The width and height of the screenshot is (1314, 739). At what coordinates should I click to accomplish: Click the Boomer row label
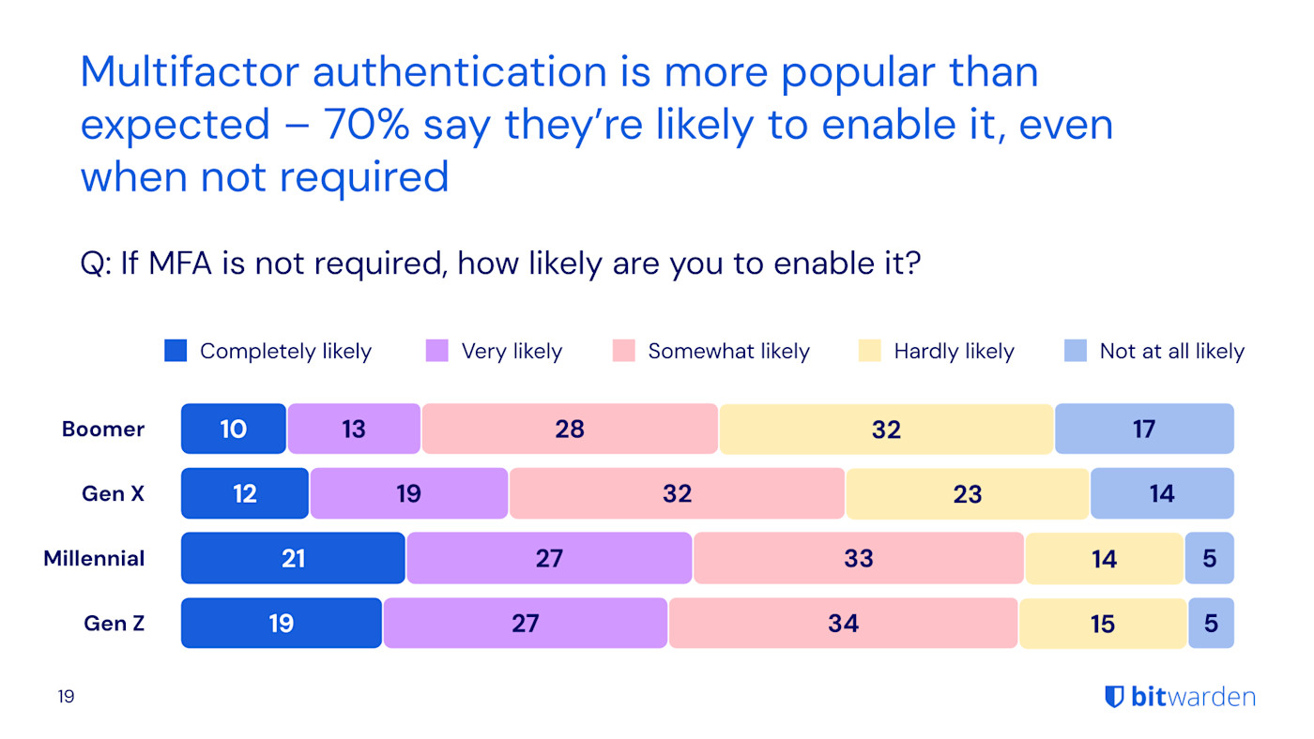[x=103, y=430]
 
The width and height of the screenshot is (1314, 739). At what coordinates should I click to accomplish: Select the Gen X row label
[x=114, y=494]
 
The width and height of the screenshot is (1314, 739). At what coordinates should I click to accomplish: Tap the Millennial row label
[x=94, y=559]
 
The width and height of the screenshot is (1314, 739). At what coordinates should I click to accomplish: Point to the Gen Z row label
[x=115, y=624]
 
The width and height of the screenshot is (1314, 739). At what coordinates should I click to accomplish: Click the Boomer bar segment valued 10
[x=234, y=430]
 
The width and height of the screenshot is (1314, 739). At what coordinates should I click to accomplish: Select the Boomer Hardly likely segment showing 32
[x=886, y=430]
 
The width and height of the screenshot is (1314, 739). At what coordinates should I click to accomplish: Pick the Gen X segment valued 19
[x=409, y=494]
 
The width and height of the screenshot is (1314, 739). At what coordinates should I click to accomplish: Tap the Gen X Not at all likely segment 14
[x=1162, y=494]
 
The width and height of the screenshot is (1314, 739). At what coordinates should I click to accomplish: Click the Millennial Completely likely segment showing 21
[x=294, y=559]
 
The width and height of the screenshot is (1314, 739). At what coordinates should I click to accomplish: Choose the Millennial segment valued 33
[x=859, y=559]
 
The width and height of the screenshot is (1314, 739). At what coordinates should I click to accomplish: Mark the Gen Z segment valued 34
[x=843, y=624]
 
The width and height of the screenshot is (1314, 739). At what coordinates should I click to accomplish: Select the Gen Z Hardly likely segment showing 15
[x=1103, y=624]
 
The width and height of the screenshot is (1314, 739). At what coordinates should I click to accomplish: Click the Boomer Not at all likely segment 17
[x=1144, y=430]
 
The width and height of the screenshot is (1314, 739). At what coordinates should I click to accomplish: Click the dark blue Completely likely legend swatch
[x=176, y=351]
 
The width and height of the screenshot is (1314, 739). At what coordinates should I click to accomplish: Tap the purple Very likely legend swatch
[x=437, y=351]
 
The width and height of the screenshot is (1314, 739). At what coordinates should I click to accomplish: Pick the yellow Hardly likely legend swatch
[x=870, y=351]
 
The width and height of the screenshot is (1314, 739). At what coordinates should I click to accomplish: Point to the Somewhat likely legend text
[x=728, y=352]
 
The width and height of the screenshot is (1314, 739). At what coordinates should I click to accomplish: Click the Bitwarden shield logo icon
[x=1114, y=697]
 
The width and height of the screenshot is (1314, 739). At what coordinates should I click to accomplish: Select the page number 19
[x=66, y=697]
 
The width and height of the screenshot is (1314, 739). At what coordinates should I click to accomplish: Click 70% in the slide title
[x=366, y=125]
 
